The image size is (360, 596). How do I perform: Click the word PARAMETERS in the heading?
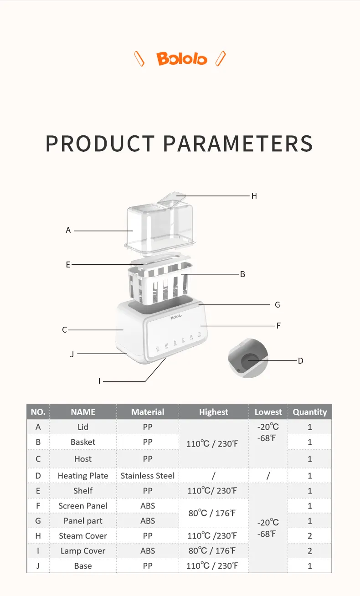238,144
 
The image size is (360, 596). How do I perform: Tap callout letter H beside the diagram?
254,196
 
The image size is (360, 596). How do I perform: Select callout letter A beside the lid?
68,230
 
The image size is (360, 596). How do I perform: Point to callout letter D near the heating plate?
300,361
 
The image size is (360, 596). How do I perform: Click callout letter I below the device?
99,381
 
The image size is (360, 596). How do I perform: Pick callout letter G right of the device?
277,305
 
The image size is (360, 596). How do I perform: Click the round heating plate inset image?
248,358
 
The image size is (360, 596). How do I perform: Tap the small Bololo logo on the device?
176,317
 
